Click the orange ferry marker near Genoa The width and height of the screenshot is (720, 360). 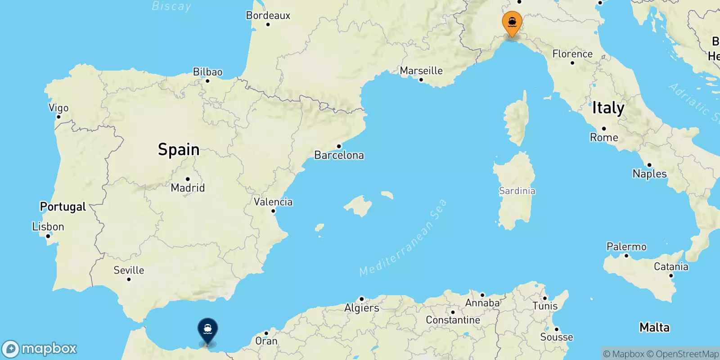click(x=512, y=22)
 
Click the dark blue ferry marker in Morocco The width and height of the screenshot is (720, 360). click(x=207, y=330)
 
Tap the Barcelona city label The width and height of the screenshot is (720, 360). click(x=339, y=155)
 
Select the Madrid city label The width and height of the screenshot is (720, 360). click(x=188, y=188)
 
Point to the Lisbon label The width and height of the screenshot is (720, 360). click(x=48, y=226)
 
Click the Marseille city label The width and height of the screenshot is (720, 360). click(x=421, y=71)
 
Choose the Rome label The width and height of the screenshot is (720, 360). click(x=604, y=137)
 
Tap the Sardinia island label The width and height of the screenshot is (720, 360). click(x=517, y=191)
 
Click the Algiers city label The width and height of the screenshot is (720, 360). click(x=362, y=308)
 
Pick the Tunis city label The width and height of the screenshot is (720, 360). click(x=545, y=306)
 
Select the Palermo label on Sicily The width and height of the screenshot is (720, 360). click(x=626, y=247)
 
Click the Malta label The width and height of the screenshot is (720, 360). click(x=654, y=327)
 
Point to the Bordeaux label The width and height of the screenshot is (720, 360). click(x=268, y=15)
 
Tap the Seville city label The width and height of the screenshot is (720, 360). click(x=129, y=270)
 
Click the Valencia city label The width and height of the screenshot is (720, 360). click(x=273, y=202)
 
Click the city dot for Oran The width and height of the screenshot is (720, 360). click(x=266, y=333)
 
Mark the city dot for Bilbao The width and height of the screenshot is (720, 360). click(x=207, y=81)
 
